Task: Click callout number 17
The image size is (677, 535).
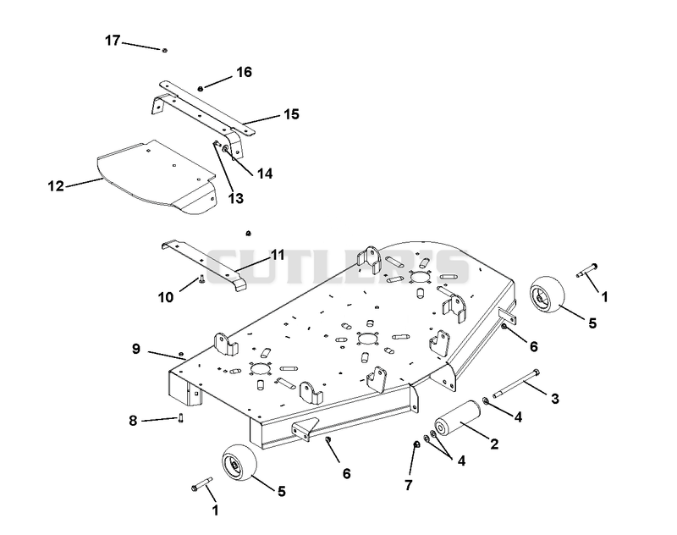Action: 113,41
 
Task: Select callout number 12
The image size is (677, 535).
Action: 56,186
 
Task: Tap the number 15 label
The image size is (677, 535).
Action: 291,114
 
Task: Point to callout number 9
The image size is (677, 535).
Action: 136,349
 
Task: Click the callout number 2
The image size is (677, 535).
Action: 494,444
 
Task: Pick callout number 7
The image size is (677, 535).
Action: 409,485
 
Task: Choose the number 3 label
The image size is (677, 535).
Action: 555,399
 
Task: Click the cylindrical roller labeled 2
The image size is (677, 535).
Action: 458,419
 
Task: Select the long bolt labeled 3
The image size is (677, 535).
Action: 516,383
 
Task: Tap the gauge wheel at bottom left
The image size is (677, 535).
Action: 239,461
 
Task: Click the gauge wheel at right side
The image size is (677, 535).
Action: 548,295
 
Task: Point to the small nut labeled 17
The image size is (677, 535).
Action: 164,51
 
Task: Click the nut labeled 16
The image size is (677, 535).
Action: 201,89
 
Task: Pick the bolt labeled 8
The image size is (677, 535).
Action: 180,417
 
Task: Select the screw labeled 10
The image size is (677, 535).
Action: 201,280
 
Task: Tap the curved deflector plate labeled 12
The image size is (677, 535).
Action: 156,177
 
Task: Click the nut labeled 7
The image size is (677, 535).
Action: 416,444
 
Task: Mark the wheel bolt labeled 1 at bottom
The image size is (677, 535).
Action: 201,484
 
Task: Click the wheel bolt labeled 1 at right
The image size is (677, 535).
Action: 587,270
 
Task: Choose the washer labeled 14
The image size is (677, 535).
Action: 225,148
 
